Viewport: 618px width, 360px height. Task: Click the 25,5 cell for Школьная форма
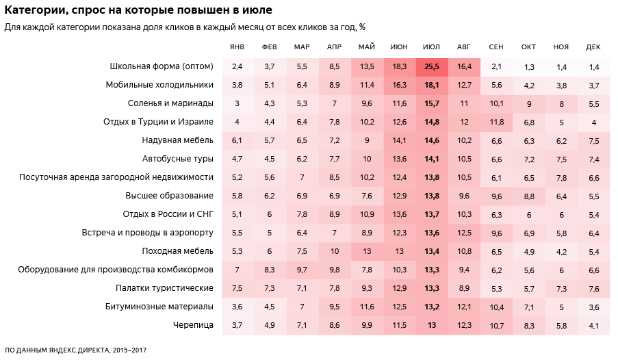[431, 66]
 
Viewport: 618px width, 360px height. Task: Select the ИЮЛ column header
[431, 47]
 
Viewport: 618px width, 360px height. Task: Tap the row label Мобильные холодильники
[159, 85]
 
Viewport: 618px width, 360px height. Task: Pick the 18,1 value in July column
[431, 85]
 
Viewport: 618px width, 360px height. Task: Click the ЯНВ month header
[237, 47]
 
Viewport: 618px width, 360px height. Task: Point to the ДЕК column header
[593, 47]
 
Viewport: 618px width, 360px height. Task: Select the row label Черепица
[194, 324]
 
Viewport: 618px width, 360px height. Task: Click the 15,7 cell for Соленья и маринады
[431, 103]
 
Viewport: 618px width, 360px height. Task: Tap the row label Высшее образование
[169, 196]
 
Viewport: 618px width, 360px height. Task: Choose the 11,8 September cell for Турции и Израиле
[496, 122]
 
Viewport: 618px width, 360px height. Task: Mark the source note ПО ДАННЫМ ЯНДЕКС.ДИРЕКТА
[75, 350]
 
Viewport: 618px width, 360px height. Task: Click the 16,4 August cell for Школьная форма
[464, 66]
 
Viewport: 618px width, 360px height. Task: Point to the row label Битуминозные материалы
[159, 306]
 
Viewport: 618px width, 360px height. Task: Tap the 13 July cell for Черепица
[431, 324]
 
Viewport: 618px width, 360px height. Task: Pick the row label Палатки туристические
[164, 287]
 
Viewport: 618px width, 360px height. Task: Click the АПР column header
[334, 47]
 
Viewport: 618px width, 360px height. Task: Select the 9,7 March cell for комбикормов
[302, 269]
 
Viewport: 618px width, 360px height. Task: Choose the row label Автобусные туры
[178, 159]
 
